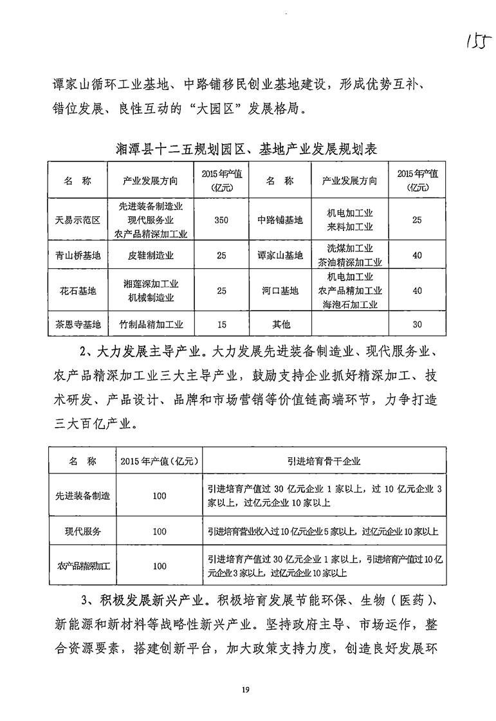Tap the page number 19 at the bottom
246,690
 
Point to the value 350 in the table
221,220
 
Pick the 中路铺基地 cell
280,220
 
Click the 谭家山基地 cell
280,255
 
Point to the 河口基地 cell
280,291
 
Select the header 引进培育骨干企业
324,461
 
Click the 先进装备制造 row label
83,496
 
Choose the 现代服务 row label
83,531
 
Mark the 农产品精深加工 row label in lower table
83,566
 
